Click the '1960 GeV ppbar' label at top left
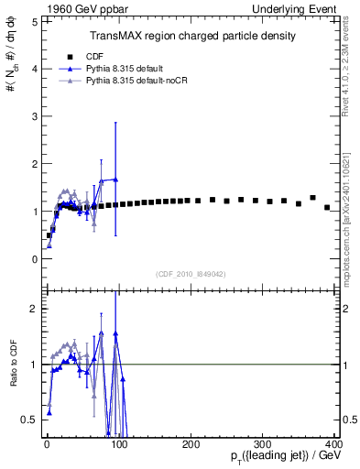pyautogui.click(x=67, y=8)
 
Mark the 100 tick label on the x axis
pyautogui.click(x=119, y=443)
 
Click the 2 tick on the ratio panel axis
pyautogui.click(x=34, y=309)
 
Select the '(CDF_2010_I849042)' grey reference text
pyautogui.click(x=192, y=273)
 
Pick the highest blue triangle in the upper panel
pyautogui.click(x=115, y=179)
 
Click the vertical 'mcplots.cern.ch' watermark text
pyautogui.click(x=351, y=238)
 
